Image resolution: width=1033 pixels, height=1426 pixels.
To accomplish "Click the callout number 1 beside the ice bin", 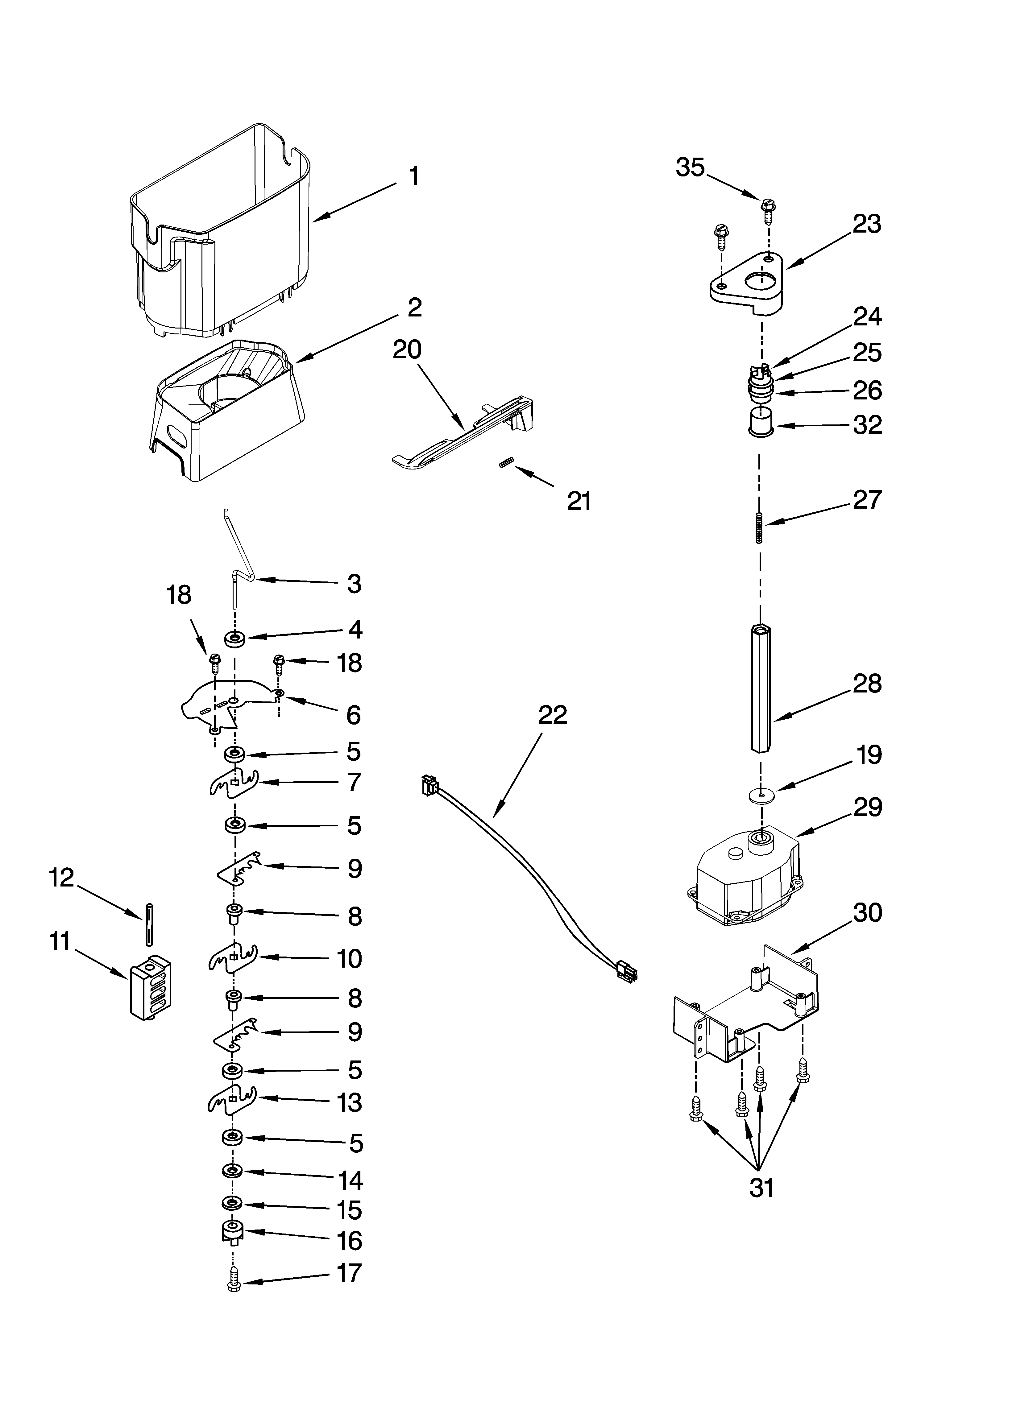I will (x=413, y=176).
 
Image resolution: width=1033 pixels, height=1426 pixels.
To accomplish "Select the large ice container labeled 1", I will (x=220, y=233).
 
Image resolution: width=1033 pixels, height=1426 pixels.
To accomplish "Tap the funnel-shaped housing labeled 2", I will (x=226, y=409).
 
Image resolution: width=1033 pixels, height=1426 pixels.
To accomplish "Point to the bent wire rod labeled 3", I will (x=239, y=553).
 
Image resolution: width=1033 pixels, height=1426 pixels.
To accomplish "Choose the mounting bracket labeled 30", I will (x=749, y=1006).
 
